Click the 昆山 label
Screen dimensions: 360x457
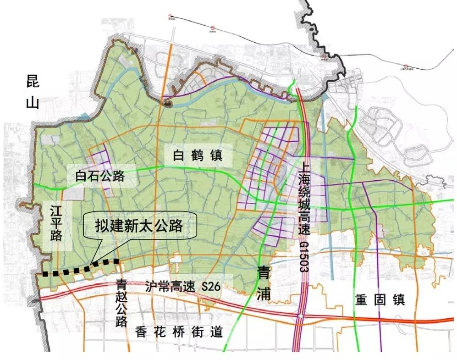pos(33,92)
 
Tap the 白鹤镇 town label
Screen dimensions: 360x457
pos(198,156)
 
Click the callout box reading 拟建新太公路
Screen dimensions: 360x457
pos(139,225)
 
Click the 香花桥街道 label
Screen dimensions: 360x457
pos(179,332)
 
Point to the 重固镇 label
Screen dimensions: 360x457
pos(380,300)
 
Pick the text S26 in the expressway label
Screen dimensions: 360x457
pos(211,288)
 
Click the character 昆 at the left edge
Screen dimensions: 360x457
pos(33,82)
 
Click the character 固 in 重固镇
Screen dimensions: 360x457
pos(380,300)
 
